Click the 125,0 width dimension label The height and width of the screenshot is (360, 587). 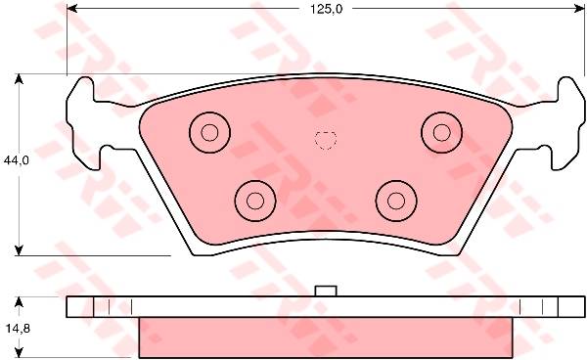coord(326,9)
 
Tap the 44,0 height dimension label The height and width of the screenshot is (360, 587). coord(16,160)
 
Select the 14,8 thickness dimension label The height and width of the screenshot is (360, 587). coord(18,329)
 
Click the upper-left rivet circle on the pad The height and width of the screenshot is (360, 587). coord(209,132)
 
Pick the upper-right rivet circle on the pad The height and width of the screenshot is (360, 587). coord(442,132)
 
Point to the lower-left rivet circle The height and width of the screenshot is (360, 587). coord(255,201)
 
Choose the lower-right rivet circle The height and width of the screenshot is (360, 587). coord(396,201)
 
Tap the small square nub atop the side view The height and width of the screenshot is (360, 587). coord(326,292)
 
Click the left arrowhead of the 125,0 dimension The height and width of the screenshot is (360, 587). coord(71,8)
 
